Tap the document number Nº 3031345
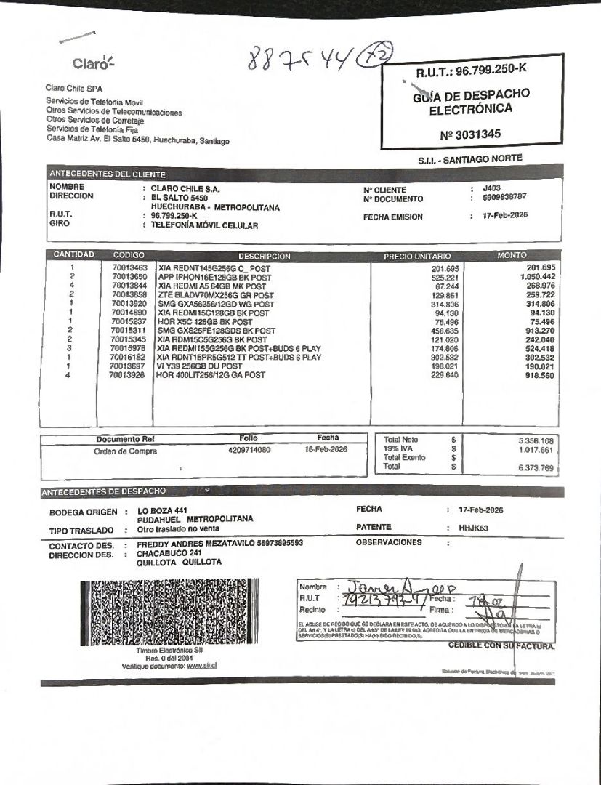(x=470, y=134)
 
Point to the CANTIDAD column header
(x=73, y=255)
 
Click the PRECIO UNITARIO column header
(x=417, y=256)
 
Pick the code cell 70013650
(x=129, y=277)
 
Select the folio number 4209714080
(x=249, y=450)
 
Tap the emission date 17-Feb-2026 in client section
(x=505, y=215)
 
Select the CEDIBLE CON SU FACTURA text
(x=501, y=645)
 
